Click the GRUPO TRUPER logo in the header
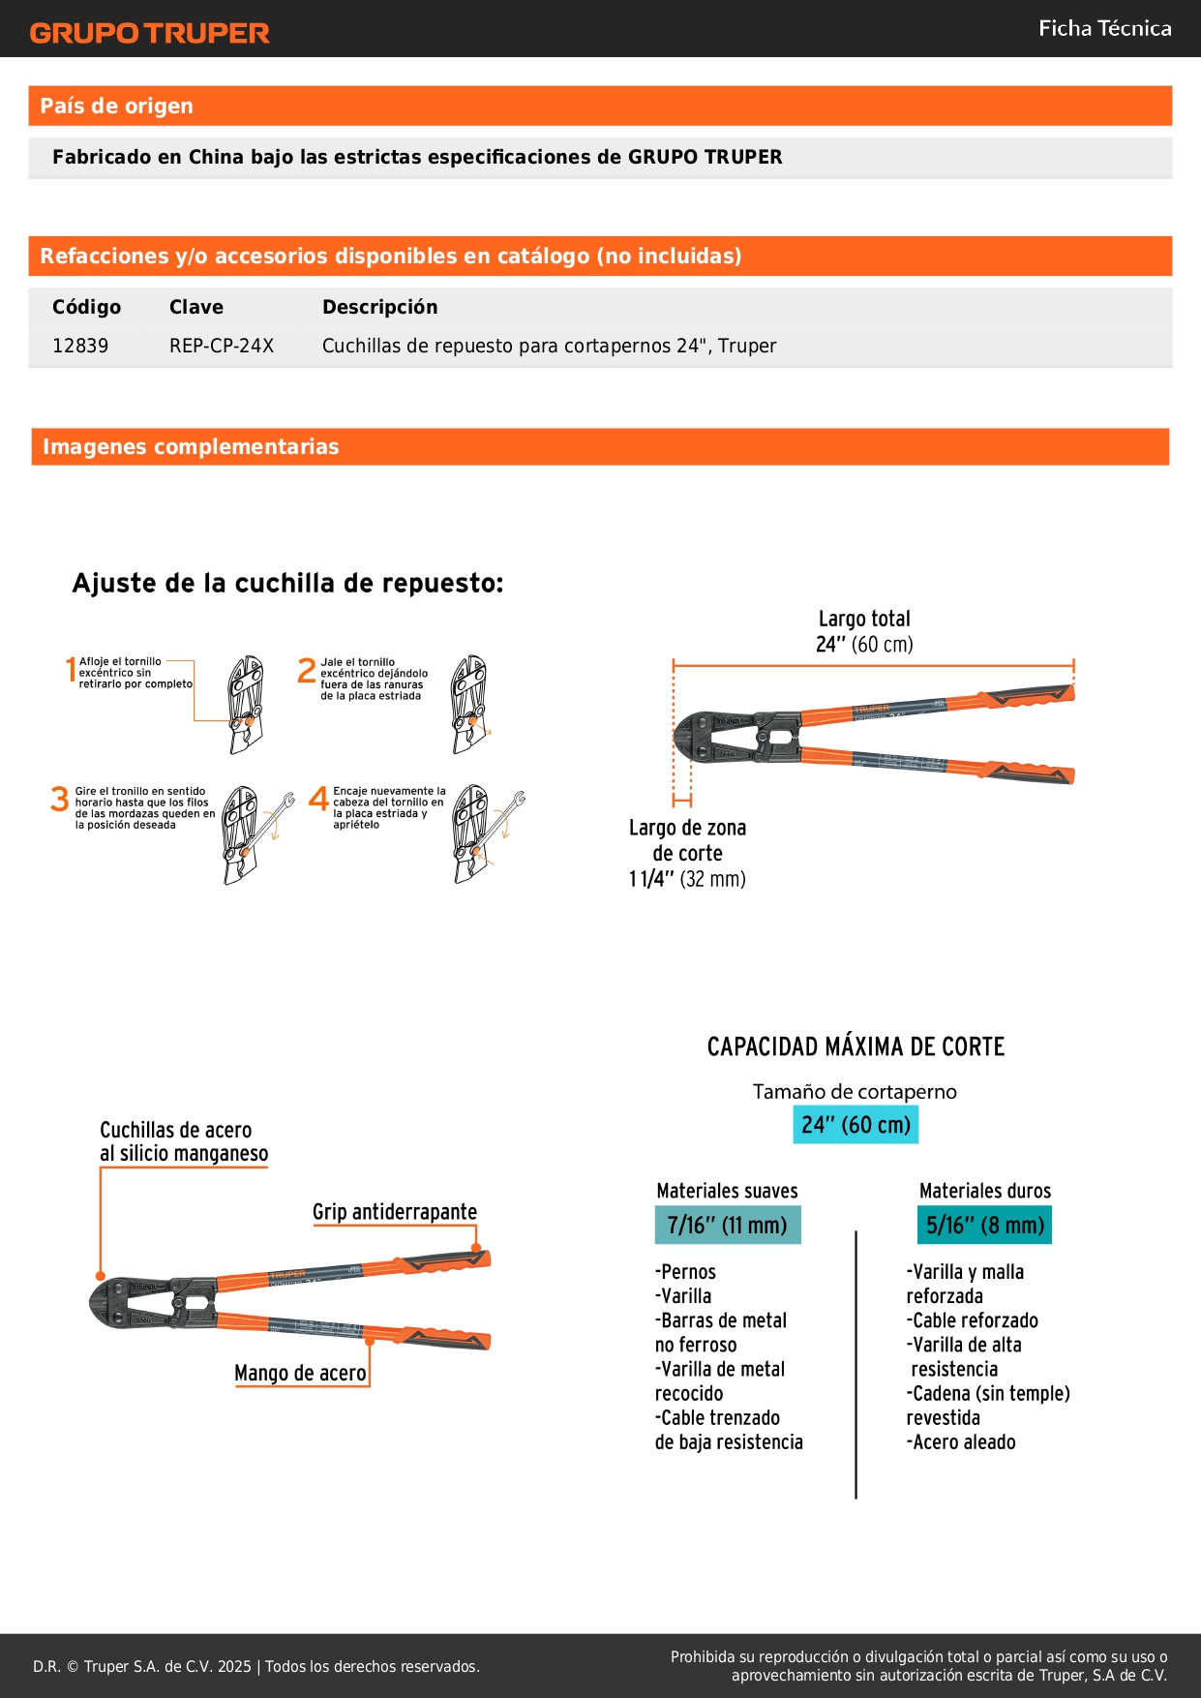(x=149, y=33)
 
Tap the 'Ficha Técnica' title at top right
(x=1104, y=28)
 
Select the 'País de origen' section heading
(x=116, y=106)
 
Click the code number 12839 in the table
(x=80, y=346)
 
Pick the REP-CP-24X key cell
(x=222, y=346)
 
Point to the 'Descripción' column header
(x=379, y=307)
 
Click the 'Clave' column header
(x=195, y=307)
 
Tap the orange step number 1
(x=71, y=668)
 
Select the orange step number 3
(x=60, y=799)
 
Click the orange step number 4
(x=318, y=799)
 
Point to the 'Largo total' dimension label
(x=864, y=619)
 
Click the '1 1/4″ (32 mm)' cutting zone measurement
(x=687, y=879)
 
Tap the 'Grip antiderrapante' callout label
(x=395, y=1212)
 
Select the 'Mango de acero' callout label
(x=300, y=1373)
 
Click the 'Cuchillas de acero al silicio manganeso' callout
(x=184, y=1141)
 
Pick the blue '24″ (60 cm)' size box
(x=856, y=1125)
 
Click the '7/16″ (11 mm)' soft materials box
(x=728, y=1226)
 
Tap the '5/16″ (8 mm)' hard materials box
(x=984, y=1226)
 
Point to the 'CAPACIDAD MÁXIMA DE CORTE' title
(x=856, y=1046)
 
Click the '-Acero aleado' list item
(x=962, y=1442)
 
